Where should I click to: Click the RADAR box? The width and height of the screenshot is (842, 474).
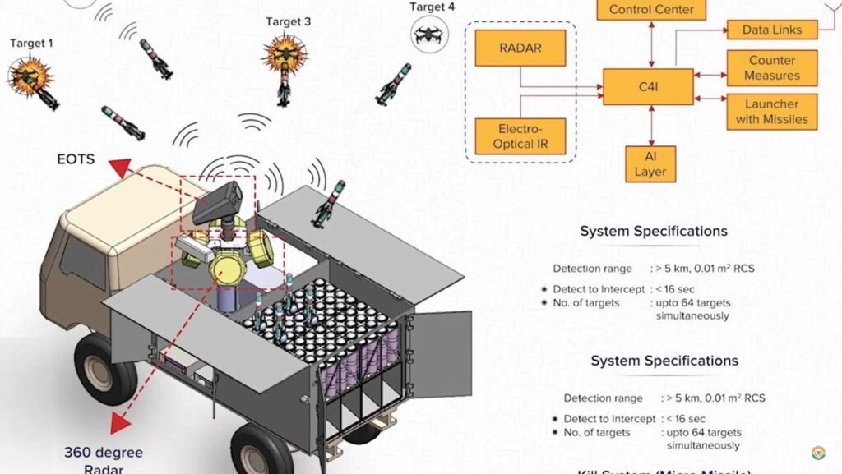click(x=520, y=48)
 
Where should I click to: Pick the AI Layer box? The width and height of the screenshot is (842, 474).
click(x=650, y=163)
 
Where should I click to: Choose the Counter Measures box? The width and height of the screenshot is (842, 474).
click(x=771, y=68)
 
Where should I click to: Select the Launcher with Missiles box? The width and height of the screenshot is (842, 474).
click(x=771, y=112)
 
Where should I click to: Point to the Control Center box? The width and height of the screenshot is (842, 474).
click(x=650, y=11)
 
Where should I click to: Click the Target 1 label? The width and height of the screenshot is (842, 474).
click(x=31, y=42)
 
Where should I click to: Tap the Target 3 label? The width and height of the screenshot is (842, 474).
click(x=288, y=21)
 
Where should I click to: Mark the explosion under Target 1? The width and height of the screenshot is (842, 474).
click(x=31, y=77)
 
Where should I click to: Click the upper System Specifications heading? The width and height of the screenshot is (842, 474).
click(x=653, y=231)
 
